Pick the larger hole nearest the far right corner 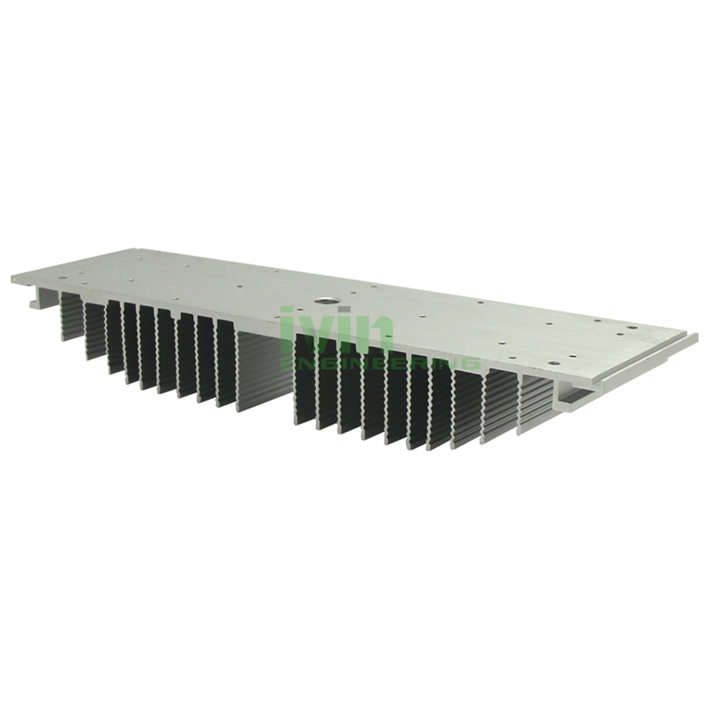click(632, 328)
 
